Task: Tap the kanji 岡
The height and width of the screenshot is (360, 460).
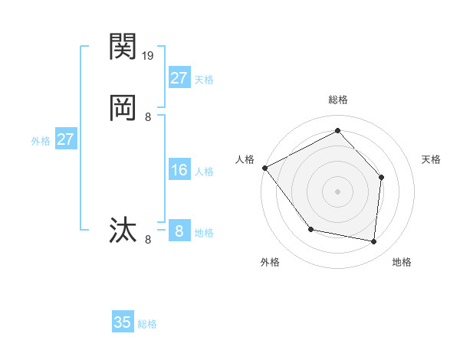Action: point(123,108)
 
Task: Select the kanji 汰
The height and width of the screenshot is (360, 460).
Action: point(123,230)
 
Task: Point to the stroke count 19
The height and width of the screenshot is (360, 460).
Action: point(148,56)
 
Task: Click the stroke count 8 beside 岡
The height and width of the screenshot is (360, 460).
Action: point(148,117)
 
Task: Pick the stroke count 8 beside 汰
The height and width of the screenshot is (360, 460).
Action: point(148,240)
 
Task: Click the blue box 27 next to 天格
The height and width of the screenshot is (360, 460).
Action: point(179,78)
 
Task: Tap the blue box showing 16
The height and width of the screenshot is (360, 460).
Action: point(179,170)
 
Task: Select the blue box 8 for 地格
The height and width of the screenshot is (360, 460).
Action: point(179,231)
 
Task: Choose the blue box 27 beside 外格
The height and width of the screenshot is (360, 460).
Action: point(65,140)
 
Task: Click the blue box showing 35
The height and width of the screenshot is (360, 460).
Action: point(123,322)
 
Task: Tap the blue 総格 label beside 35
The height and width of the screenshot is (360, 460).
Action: point(147,324)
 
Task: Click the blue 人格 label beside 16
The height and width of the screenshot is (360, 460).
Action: point(204,172)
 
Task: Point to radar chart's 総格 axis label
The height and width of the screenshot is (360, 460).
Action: point(337,100)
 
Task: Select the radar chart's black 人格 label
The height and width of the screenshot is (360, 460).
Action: point(245,159)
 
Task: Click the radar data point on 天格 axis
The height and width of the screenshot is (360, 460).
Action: point(382,177)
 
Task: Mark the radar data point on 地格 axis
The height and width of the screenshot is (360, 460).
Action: point(373,241)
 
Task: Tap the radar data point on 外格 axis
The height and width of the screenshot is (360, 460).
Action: point(310,229)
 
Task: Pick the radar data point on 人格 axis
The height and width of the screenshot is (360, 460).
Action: point(264,168)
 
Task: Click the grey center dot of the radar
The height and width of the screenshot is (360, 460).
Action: point(337,191)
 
